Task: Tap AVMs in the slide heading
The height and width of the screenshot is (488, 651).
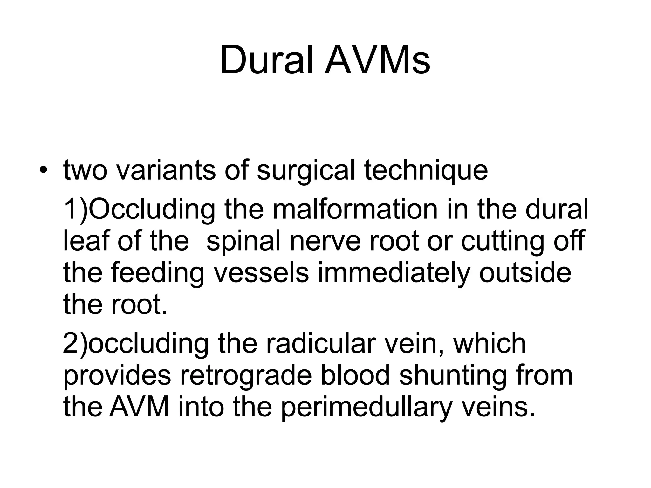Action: coord(377,60)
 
